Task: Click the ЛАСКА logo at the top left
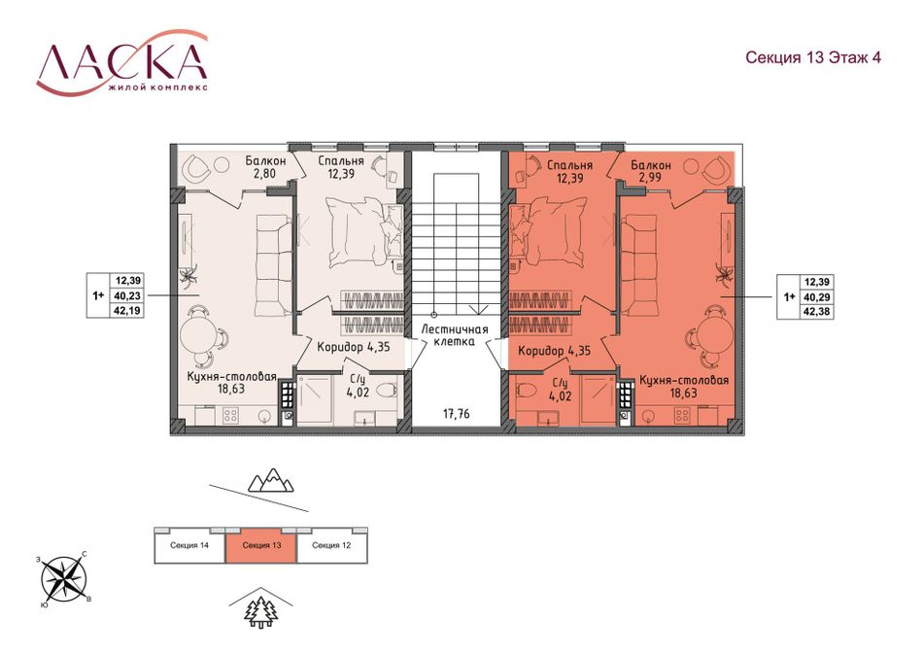(x=122, y=64)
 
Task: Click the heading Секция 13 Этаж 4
(x=813, y=57)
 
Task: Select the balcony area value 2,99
(x=650, y=177)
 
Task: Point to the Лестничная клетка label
(x=456, y=334)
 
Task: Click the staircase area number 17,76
(x=457, y=414)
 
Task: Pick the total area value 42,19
(x=127, y=310)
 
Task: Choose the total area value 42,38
(x=817, y=312)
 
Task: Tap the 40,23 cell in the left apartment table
(x=127, y=295)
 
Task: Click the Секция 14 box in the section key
(x=189, y=546)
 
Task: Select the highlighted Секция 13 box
(x=261, y=546)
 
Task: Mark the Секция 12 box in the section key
(x=332, y=546)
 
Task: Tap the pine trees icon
(x=260, y=612)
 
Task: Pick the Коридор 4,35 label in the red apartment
(x=555, y=351)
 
